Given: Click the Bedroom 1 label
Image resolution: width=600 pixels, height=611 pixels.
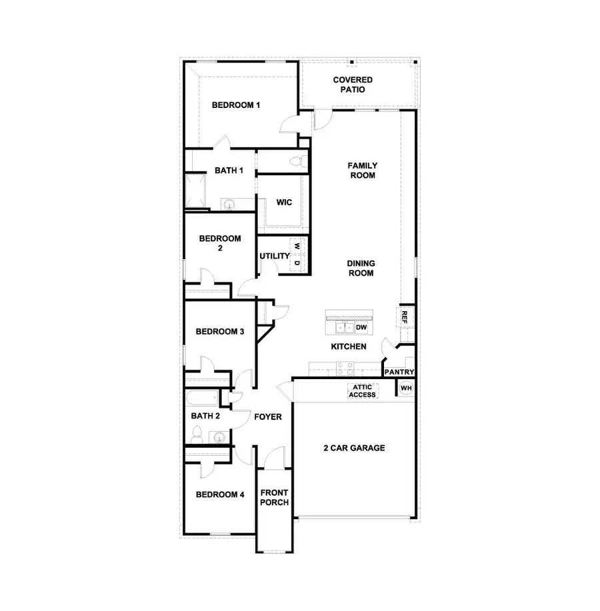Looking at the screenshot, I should [235, 105].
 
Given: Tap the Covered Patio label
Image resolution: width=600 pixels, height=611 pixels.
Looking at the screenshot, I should [353, 85].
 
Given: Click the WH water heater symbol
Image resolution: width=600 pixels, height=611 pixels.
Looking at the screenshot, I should [405, 388].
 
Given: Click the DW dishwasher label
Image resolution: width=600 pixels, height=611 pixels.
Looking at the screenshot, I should [361, 327].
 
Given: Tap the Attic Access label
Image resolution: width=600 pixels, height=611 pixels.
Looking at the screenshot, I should [362, 391].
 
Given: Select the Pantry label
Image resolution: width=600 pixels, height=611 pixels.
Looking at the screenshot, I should [399, 372].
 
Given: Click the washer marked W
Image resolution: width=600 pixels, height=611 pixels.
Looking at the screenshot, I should [297, 246].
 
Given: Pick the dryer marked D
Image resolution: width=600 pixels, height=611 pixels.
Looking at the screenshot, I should [297, 263].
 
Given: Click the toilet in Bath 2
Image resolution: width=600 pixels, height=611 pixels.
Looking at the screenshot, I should [196, 436].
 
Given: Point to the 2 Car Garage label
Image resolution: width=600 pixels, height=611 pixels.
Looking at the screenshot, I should [354, 448].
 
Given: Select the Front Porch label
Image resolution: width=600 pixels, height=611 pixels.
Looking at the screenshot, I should [274, 498].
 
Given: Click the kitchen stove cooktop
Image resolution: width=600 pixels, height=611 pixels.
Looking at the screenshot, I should [345, 366].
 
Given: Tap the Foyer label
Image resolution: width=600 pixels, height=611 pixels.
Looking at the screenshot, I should [268, 417].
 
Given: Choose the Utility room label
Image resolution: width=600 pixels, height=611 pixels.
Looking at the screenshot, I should [274, 256].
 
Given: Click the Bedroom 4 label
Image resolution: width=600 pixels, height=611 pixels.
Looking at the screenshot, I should [220, 494].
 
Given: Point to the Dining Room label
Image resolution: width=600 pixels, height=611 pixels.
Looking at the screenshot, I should [361, 268].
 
